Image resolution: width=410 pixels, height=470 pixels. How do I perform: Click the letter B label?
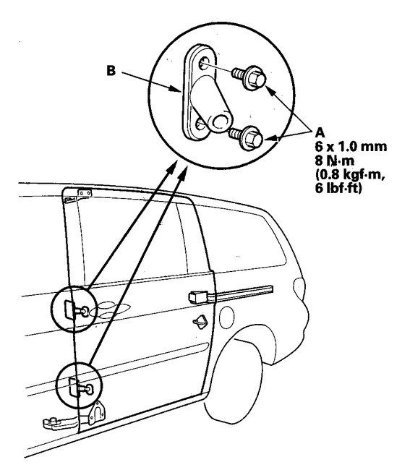[x=111, y=72]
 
